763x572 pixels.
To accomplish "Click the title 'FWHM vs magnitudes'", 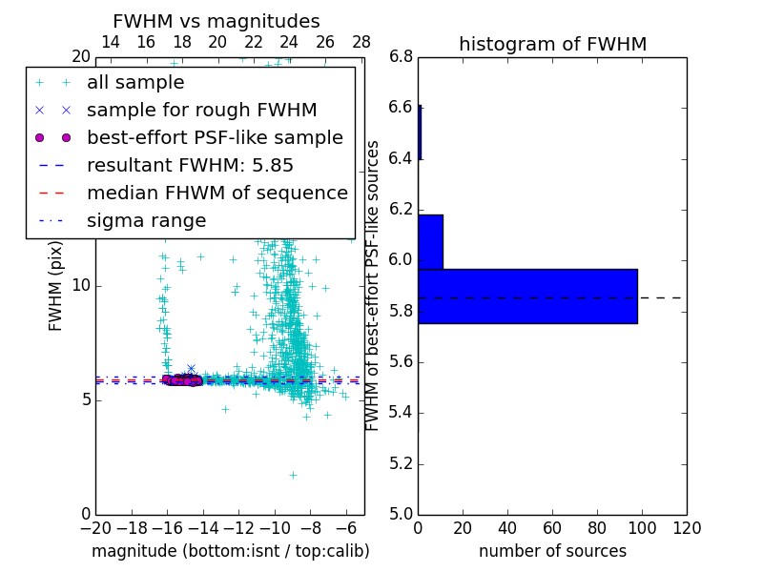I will coord(217,21).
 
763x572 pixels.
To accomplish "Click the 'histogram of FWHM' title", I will coord(552,44).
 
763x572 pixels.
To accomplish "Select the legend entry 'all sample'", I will coord(135,83).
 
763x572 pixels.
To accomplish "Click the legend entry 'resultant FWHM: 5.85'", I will coord(190,166).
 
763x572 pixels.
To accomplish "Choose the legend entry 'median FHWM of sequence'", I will coord(217,194).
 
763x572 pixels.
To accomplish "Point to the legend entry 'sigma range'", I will coord(146,221).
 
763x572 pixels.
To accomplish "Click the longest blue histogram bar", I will coord(527,296).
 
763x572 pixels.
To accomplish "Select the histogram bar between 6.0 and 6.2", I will coord(430,242).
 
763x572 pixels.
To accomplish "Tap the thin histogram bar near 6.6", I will coord(420,132).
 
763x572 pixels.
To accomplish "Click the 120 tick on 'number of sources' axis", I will coord(687,528).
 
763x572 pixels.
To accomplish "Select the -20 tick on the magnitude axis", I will coord(95,528).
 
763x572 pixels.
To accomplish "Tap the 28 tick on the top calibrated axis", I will coord(361,42).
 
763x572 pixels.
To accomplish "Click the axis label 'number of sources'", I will coord(552,551).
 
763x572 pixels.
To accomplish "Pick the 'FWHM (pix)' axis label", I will coord(56,286).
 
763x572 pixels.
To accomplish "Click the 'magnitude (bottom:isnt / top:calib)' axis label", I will coord(230,551).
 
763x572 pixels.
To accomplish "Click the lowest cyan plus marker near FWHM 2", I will coord(293,475).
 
